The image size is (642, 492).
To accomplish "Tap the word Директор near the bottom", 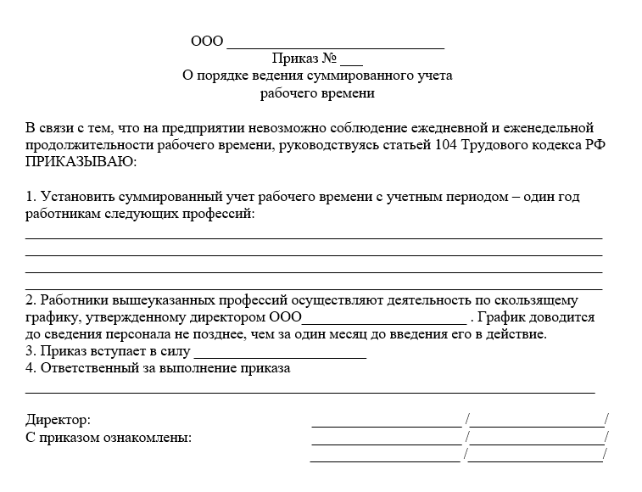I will point(58,420).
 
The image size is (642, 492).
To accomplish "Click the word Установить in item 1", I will point(76,197).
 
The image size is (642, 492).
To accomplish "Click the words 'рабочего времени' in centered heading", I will point(317,93).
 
